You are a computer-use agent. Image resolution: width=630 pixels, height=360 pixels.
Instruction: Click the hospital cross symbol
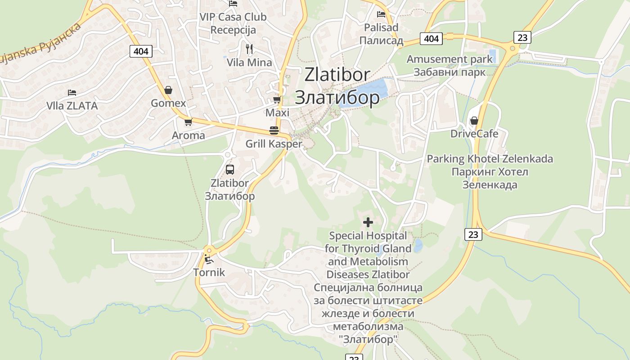click(x=368, y=222)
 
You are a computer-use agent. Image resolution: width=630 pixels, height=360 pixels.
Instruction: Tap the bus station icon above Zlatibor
click(x=229, y=170)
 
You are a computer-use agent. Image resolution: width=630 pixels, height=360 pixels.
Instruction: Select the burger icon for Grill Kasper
click(x=274, y=130)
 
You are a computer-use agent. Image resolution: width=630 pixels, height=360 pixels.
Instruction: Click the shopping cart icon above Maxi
click(x=277, y=99)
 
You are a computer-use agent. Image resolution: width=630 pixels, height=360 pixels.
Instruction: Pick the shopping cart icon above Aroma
click(x=189, y=122)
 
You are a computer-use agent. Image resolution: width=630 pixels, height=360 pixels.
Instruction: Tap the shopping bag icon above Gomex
click(x=168, y=90)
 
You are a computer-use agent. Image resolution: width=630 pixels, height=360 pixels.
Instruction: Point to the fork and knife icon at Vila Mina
click(x=249, y=49)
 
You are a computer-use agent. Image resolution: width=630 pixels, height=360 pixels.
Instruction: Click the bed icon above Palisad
click(x=381, y=14)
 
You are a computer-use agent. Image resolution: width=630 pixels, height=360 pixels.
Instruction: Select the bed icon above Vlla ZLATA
click(x=72, y=93)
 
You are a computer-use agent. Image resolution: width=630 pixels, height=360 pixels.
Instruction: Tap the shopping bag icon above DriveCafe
click(x=474, y=121)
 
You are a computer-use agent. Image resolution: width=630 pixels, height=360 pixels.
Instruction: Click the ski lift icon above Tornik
click(x=208, y=259)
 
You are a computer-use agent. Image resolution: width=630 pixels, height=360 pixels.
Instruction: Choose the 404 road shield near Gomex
click(x=141, y=51)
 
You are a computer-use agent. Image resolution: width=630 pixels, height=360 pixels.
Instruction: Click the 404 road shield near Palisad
click(x=431, y=39)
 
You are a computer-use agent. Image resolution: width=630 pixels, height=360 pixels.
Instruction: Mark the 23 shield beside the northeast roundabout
click(x=522, y=37)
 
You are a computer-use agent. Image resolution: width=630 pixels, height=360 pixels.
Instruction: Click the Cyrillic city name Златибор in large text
click(x=337, y=98)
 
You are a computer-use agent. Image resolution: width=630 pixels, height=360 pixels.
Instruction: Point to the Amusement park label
click(x=450, y=59)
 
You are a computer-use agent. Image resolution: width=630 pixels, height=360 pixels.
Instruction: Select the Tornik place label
click(x=209, y=272)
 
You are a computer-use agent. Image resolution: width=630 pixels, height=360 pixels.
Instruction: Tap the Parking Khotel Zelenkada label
click(x=490, y=159)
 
